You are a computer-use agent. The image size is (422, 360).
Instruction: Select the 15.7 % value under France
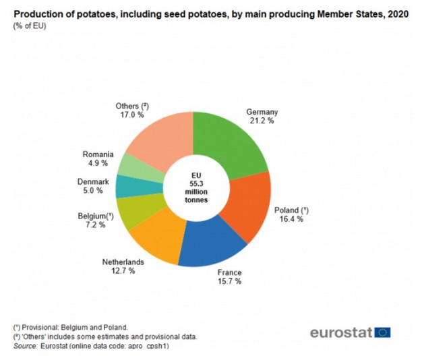(229, 281)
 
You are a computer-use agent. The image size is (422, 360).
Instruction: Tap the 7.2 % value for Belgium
(92, 224)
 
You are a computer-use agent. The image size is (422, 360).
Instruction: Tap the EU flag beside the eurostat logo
(383, 332)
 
